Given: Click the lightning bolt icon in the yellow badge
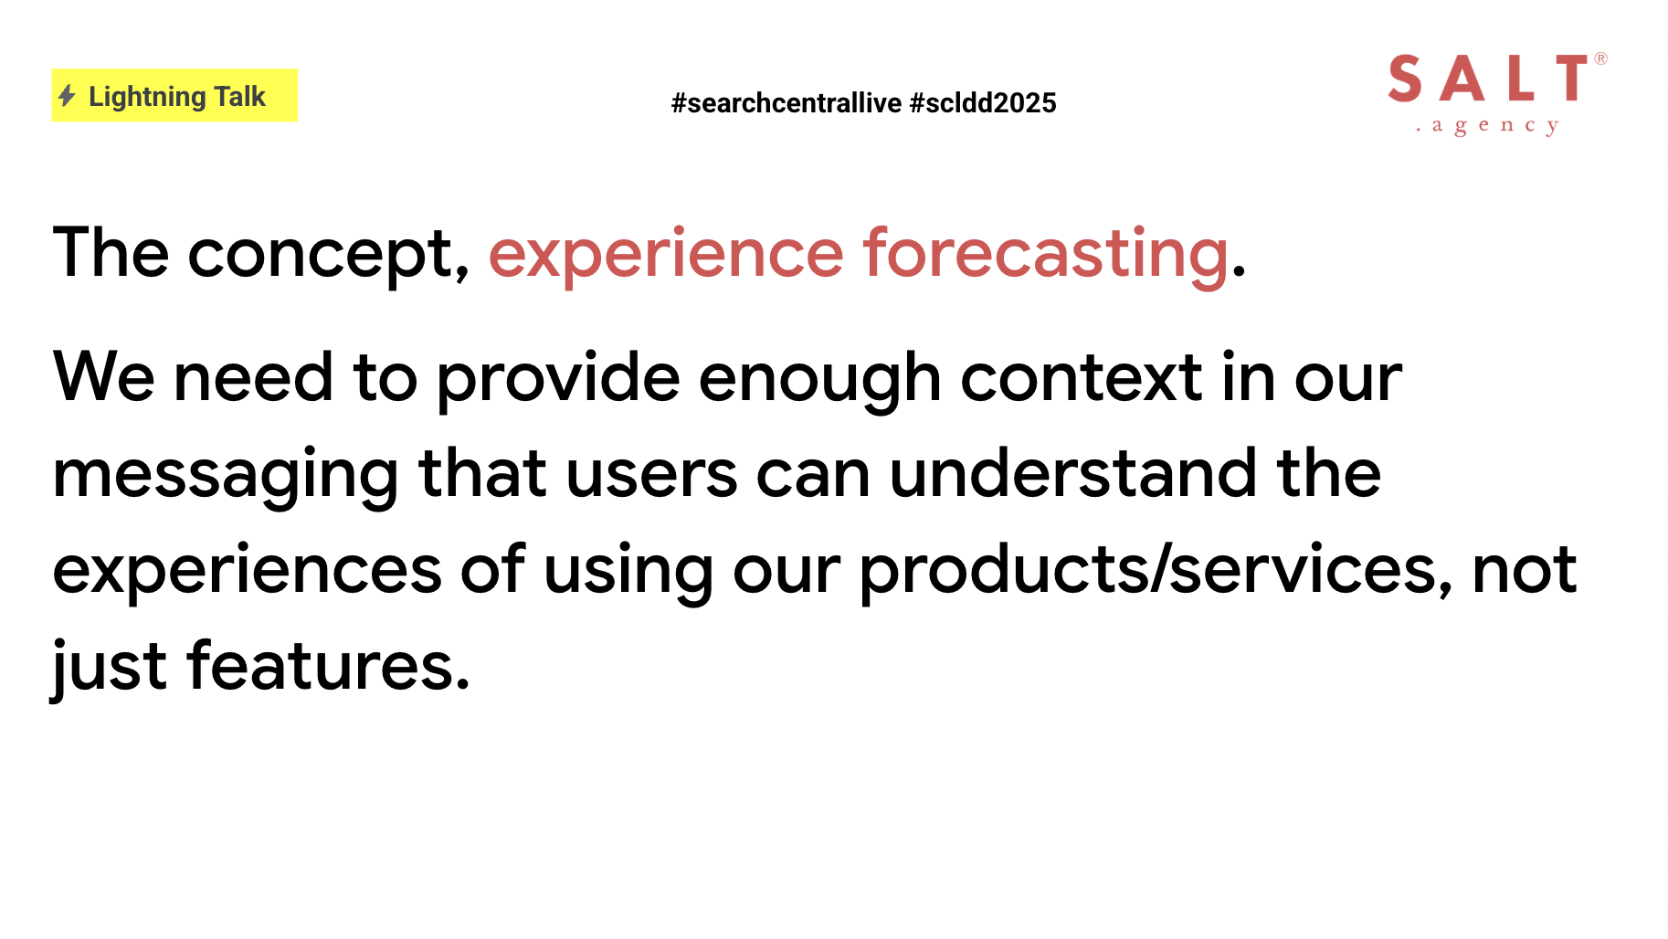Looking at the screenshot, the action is click(x=67, y=95).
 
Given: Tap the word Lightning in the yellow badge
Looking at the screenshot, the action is click(x=147, y=97).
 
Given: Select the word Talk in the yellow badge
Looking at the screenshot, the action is click(x=239, y=96).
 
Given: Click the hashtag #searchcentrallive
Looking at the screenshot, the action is click(x=786, y=102).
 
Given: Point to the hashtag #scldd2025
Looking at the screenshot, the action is click(x=983, y=102).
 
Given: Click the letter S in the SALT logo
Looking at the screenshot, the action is click(x=1405, y=78).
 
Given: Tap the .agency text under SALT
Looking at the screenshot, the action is click(x=1487, y=125).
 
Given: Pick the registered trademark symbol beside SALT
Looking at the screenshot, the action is click(x=1600, y=58).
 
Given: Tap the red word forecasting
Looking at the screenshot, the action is click(x=1046, y=254).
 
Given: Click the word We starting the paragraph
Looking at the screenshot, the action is click(x=103, y=376).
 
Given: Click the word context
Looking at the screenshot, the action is click(x=1082, y=378).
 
